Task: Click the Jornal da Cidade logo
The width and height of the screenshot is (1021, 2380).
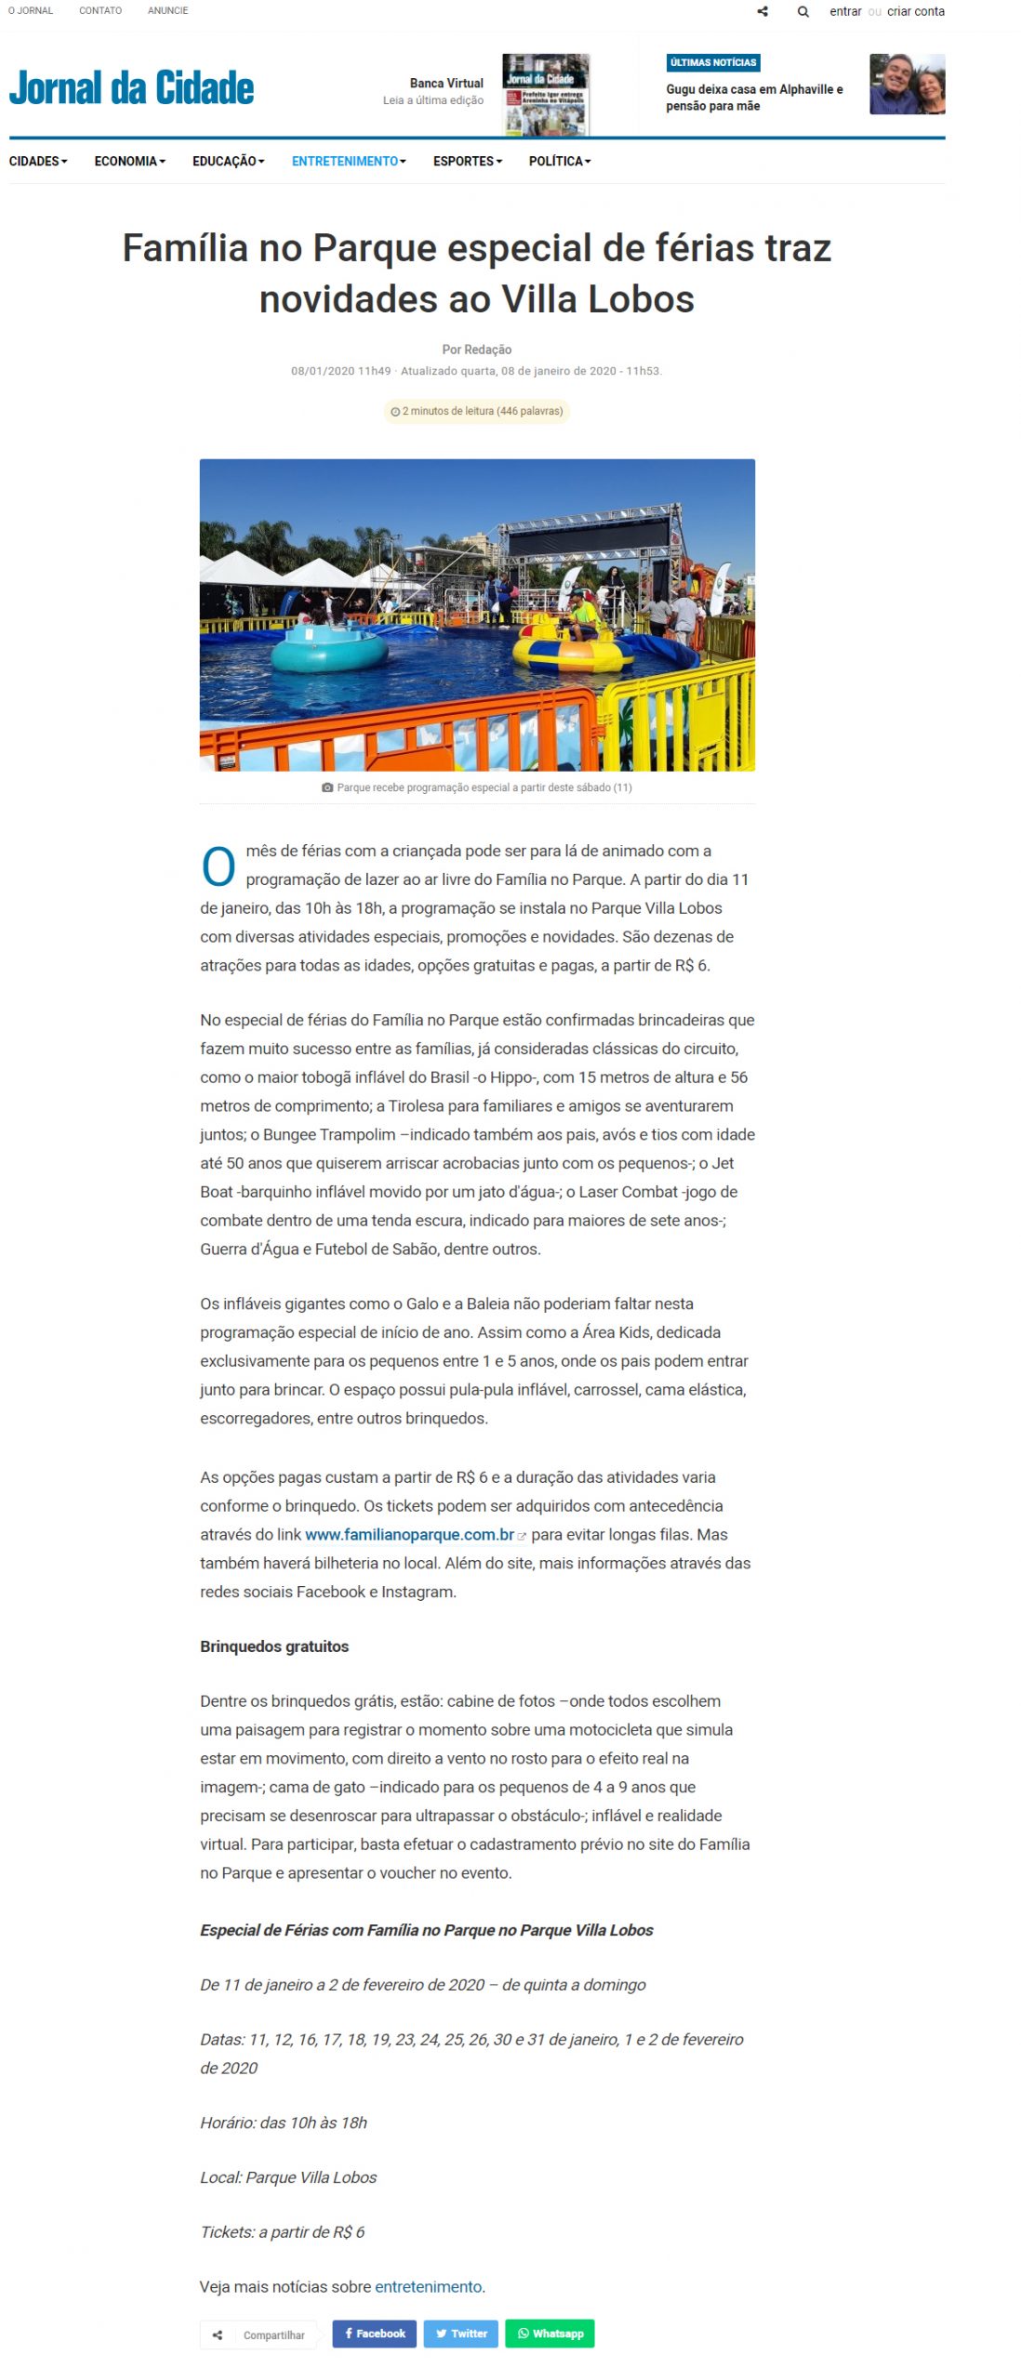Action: [131, 88]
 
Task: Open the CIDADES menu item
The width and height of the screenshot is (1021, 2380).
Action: [38, 161]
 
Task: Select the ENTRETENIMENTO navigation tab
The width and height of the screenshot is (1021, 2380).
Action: [349, 161]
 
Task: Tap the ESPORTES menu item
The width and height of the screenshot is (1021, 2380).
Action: [467, 161]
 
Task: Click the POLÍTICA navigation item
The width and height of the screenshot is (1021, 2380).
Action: [559, 161]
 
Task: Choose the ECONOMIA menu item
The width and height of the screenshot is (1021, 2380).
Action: [129, 161]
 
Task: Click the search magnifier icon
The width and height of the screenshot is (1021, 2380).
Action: [802, 12]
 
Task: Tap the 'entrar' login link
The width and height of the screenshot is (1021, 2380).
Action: [844, 12]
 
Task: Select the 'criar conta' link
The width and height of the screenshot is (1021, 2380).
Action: [915, 12]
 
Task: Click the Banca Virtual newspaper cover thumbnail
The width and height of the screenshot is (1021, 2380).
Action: [545, 94]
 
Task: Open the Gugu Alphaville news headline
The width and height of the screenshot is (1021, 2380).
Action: [754, 98]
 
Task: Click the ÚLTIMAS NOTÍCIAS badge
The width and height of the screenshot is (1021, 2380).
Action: [713, 62]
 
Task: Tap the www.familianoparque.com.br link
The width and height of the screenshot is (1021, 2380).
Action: [409, 1534]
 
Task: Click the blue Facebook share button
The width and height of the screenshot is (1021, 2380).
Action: [375, 2333]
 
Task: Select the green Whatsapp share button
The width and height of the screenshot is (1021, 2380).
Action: [550, 2333]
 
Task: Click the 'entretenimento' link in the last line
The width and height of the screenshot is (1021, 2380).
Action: [428, 2286]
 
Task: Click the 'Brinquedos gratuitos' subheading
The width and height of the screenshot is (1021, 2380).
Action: [274, 1646]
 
